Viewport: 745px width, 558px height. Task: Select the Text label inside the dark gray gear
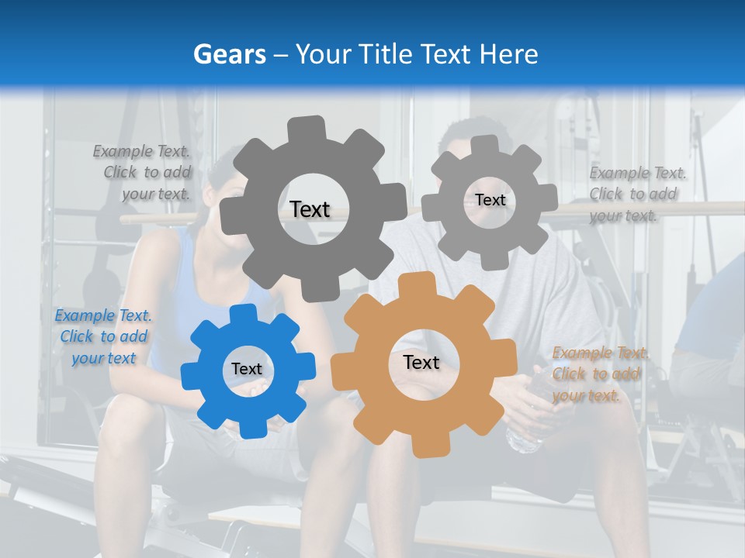310,209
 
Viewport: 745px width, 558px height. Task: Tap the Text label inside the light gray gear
490,200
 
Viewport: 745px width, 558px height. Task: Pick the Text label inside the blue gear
247,369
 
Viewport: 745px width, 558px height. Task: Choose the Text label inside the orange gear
421,362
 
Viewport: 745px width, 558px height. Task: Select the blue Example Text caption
103,336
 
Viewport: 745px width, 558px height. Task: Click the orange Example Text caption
599,374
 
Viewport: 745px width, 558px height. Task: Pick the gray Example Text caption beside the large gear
143,172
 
